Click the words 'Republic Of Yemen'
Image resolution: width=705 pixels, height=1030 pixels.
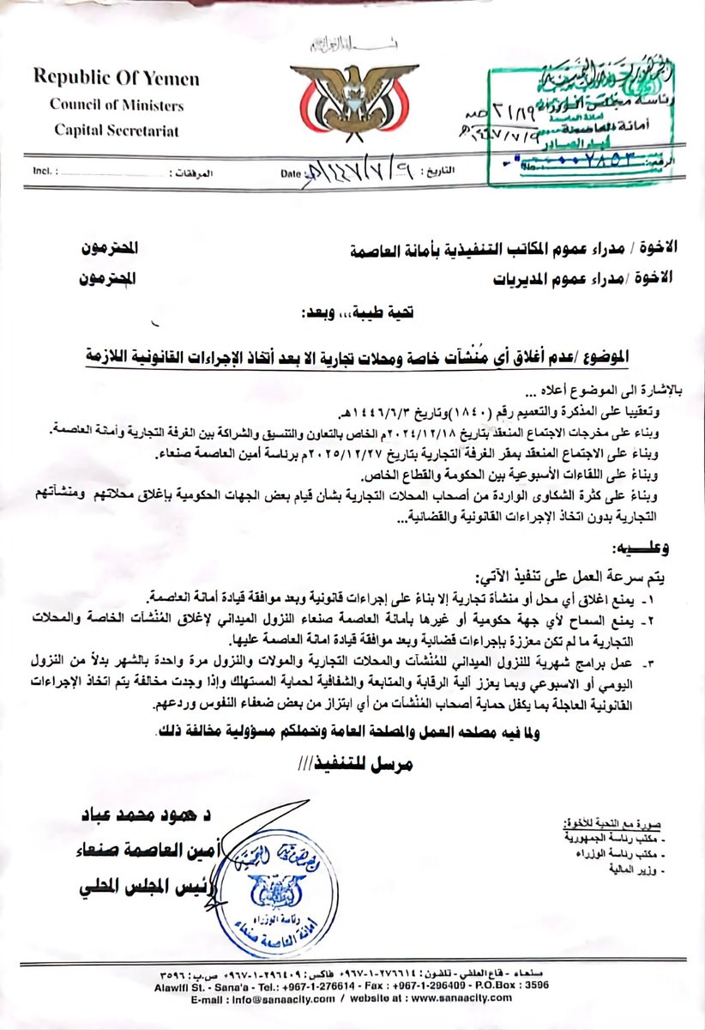pyautogui.click(x=117, y=79)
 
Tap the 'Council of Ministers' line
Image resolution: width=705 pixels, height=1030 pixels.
pyautogui.click(x=117, y=106)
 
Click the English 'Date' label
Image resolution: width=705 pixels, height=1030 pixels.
pyautogui.click(x=292, y=173)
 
